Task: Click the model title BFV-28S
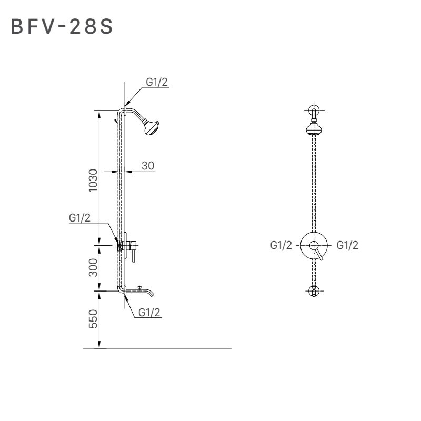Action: pyautogui.click(x=62, y=27)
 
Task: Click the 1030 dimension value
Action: pyautogui.click(x=93, y=181)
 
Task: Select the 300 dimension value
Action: pyautogui.click(x=93, y=268)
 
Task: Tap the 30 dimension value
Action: pyautogui.click(x=148, y=165)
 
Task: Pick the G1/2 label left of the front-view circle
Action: pyautogui.click(x=281, y=245)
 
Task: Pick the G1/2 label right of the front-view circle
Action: pyautogui.click(x=347, y=245)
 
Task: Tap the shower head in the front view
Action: pyautogui.click(x=314, y=128)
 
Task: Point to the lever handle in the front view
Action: pyautogui.click(x=319, y=255)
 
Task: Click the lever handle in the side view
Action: pyautogui.click(x=134, y=255)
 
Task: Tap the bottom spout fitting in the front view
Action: pyautogui.click(x=314, y=290)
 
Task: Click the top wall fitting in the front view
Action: pyautogui.click(x=314, y=110)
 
